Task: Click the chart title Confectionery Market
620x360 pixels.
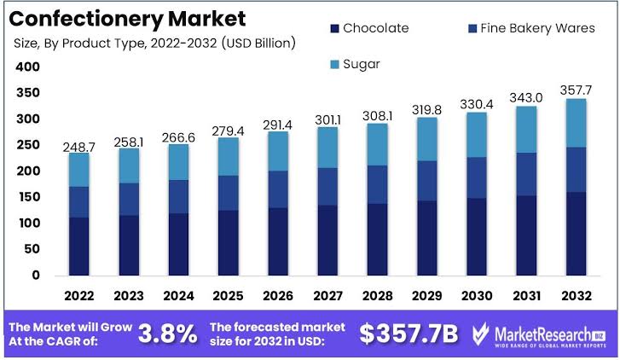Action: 129,18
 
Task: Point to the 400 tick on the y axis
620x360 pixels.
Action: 28,67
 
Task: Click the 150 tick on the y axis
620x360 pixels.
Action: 28,198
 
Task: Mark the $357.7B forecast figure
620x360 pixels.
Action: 411,333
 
